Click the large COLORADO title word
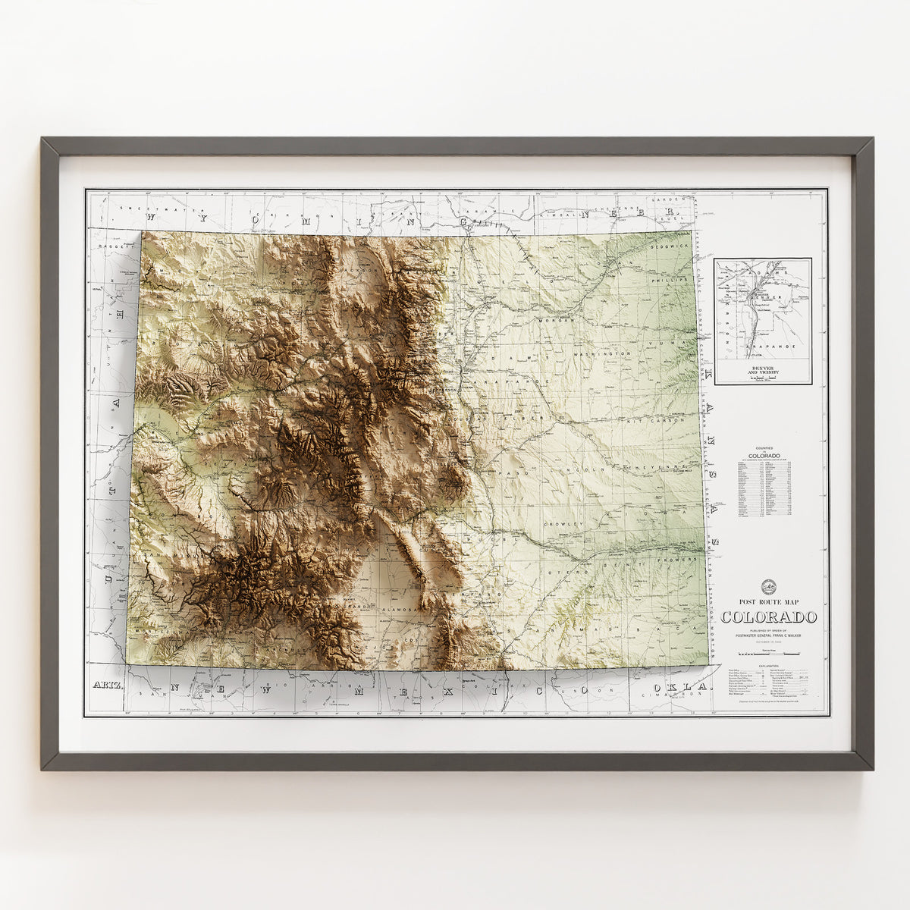point(769,617)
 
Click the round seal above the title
point(769,585)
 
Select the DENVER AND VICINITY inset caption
point(762,372)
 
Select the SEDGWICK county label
point(670,247)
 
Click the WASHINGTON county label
point(603,354)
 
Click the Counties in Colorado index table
point(764,485)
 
